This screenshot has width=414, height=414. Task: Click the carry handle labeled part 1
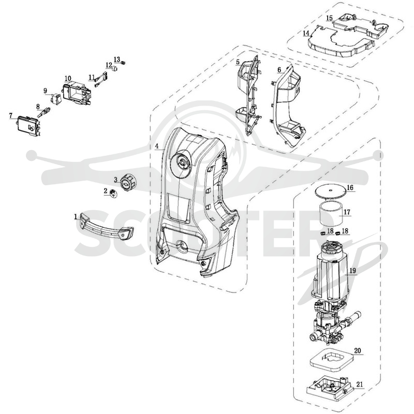pos(106,227)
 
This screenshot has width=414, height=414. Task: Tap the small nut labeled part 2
pos(114,194)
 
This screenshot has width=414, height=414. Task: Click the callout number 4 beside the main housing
pos(157,146)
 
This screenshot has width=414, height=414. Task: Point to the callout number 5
pos(238,62)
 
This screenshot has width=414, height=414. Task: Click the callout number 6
pos(279,70)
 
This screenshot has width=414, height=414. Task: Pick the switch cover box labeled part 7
pos(28,126)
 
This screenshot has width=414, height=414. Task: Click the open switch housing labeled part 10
pos(77,94)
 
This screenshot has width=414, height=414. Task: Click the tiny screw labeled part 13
pos(123,63)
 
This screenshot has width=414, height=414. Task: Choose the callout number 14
pos(306,33)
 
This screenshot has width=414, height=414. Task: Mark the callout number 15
pos(329,18)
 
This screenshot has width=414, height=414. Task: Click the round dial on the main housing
pos(183,161)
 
